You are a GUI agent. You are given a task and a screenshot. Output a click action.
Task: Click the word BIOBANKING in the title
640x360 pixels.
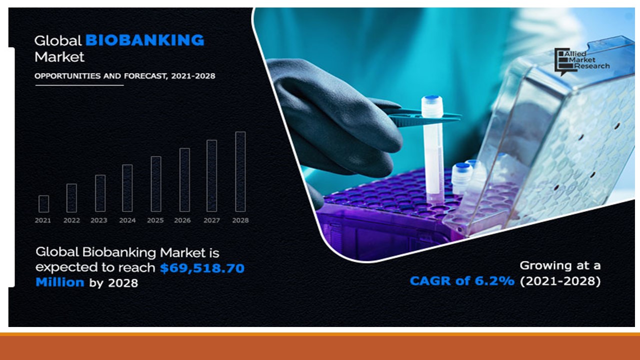pos(145,40)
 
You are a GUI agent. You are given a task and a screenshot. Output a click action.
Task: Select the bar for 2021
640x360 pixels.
pos(43,203)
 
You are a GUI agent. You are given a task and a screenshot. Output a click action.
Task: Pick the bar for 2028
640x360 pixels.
pos(240,171)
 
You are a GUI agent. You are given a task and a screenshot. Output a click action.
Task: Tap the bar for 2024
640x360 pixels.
pos(127,188)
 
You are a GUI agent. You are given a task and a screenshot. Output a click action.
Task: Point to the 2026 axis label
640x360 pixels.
pos(182,220)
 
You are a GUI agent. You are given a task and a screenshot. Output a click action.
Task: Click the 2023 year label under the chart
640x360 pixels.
pos(99,220)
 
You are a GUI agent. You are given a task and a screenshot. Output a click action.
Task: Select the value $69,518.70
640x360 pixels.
pos(202,268)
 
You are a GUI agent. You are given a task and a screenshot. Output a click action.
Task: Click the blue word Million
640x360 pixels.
pos(60,282)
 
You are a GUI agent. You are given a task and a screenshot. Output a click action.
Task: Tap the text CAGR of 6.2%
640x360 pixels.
pos(462,281)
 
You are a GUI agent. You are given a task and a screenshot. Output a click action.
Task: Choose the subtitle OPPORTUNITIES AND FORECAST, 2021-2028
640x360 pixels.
pos(125,76)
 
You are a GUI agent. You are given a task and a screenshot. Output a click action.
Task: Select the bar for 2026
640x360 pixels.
pos(184,179)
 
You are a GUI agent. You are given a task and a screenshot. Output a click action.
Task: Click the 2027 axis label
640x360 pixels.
pos(212,220)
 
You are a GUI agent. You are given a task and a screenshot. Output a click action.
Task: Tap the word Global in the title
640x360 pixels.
pos(57,40)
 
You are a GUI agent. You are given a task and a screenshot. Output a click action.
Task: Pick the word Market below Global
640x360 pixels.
pos(59,57)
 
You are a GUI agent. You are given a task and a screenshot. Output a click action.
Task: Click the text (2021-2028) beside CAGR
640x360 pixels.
pos(560,281)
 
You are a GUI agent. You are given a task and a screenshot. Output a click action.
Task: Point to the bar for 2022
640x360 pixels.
pos(71,198)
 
